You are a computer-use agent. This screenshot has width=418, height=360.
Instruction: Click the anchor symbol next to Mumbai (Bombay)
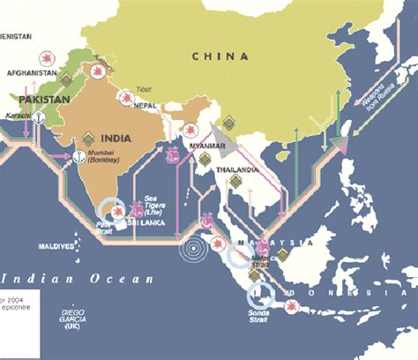(78, 157)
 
